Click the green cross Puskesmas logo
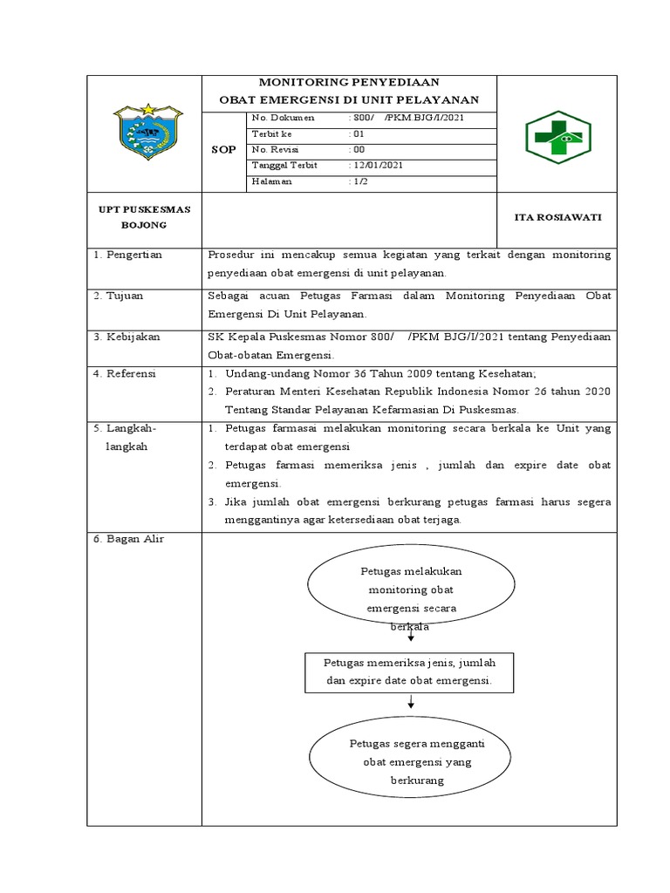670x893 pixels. [x=556, y=137]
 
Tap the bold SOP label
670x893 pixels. [x=224, y=150]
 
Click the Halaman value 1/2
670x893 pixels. [x=358, y=181]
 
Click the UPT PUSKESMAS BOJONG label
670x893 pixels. [x=145, y=217]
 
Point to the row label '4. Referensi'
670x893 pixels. [x=127, y=374]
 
